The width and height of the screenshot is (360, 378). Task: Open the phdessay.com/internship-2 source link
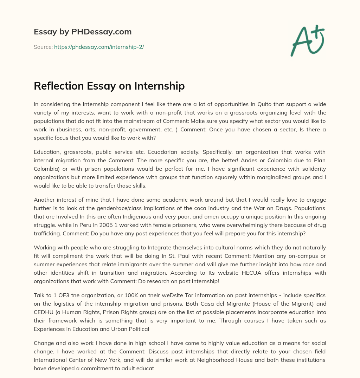click(99, 47)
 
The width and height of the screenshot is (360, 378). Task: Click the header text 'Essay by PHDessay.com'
click(83, 32)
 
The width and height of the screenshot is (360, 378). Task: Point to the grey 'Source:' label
click(43, 47)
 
